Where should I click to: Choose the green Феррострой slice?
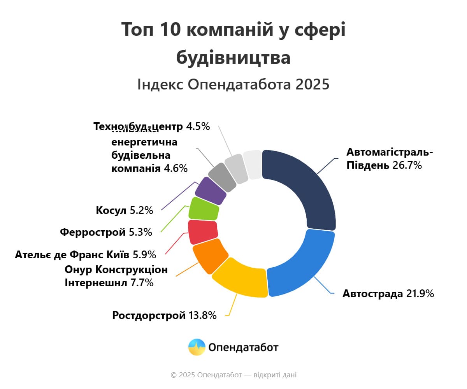[204, 209]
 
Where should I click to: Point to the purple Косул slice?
[211, 191]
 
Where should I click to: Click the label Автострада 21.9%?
[388, 294]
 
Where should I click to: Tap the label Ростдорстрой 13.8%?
[164, 315]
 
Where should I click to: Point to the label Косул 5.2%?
[125, 210]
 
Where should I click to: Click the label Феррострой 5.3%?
[106, 232]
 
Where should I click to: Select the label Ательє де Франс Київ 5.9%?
[86, 255]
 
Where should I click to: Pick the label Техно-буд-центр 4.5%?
[152, 126]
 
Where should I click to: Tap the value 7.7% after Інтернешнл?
[142, 283]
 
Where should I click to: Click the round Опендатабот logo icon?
[197, 347]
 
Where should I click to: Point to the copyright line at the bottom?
[233, 375]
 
